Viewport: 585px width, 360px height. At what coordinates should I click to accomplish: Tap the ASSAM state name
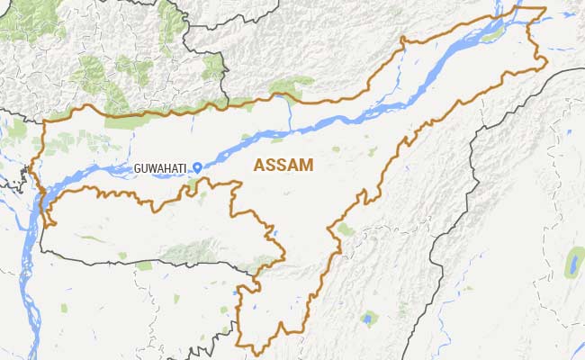[x=283, y=165]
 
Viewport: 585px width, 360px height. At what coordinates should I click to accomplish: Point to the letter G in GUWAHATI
[x=137, y=168]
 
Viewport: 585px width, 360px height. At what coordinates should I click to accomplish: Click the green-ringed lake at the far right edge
[x=572, y=263]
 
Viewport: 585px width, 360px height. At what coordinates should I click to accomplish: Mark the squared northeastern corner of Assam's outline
[x=544, y=10]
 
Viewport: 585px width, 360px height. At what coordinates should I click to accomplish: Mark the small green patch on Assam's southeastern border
[x=346, y=229]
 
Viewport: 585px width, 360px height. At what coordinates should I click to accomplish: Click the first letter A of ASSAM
[x=261, y=165]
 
